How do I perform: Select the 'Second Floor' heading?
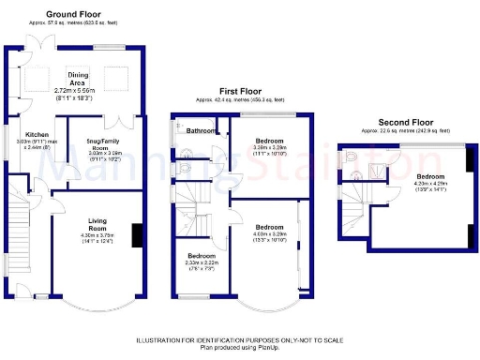point(407,123)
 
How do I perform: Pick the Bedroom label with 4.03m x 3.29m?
point(269,227)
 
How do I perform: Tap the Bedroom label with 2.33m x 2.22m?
point(201,255)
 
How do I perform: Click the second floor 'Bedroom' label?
point(430,176)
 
